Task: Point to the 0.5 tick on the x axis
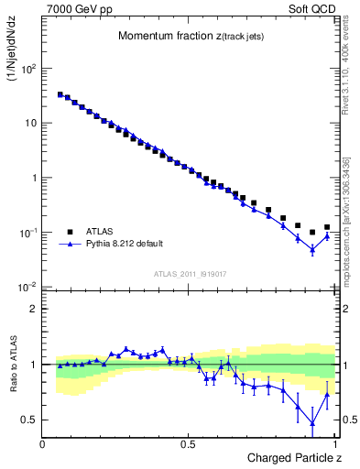[188, 443]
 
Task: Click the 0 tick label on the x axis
[43, 443]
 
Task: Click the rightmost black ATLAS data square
[327, 227]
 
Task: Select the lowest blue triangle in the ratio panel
[312, 423]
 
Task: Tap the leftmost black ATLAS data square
[60, 94]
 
